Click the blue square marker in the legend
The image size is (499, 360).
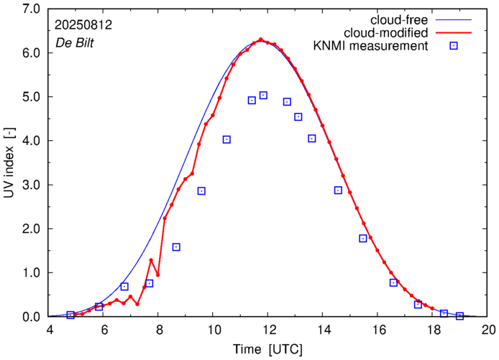pos(454,46)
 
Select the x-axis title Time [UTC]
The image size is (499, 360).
pos(268,349)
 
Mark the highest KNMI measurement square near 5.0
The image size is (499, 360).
pos(263,95)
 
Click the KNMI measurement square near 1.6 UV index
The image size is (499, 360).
pos(176,247)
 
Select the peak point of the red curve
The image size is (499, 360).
pos(260,40)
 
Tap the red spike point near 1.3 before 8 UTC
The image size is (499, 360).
pos(151,260)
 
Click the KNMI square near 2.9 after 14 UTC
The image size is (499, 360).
pos(338,190)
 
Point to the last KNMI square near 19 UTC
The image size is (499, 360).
pos(460,316)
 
